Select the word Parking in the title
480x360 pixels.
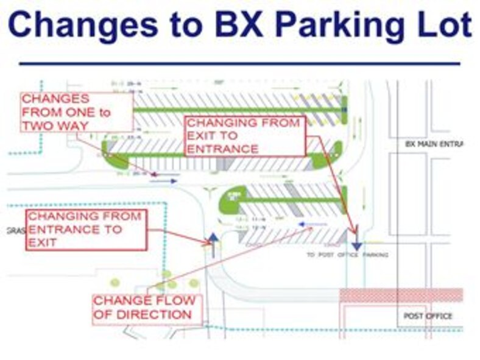coord(341,25)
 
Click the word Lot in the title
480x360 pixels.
coord(443,25)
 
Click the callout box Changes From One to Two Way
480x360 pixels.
coord(76,111)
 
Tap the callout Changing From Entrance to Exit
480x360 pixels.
coord(85,229)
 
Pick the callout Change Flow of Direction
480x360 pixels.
coord(145,308)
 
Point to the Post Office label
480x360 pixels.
coord(428,316)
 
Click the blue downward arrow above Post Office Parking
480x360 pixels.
coord(357,245)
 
